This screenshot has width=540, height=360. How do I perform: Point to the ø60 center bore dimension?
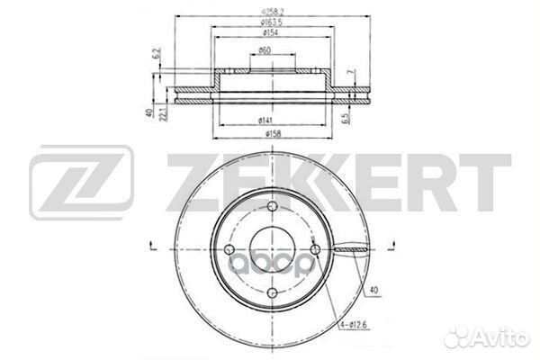point(265,50)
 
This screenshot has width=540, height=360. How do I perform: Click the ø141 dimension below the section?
point(265,120)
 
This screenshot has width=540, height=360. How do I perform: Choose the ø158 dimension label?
point(265,134)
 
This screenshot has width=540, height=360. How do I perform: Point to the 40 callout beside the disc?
point(373,290)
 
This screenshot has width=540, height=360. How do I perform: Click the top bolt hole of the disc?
point(266,216)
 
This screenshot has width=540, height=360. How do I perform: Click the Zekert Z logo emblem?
point(81,184)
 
